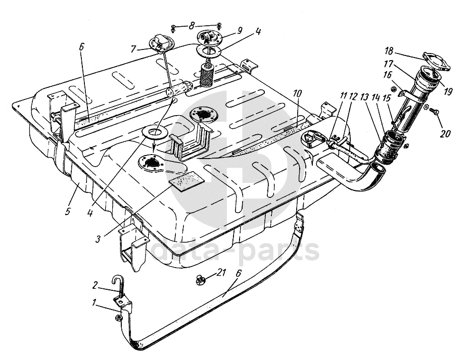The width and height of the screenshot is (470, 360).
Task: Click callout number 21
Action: [221, 273]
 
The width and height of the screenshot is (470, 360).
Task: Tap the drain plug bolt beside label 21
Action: [199, 280]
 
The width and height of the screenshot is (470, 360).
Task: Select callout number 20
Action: [445, 133]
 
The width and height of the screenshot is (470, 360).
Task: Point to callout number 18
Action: [389, 51]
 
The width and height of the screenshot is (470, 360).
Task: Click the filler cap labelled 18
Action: [437, 62]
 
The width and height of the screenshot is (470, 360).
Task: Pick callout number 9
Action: [240, 30]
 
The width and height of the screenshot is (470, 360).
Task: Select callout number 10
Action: [297, 93]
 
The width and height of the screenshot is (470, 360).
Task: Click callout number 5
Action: [68, 211]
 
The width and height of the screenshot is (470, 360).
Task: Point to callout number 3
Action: [98, 239]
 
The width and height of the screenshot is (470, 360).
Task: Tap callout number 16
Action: [388, 75]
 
